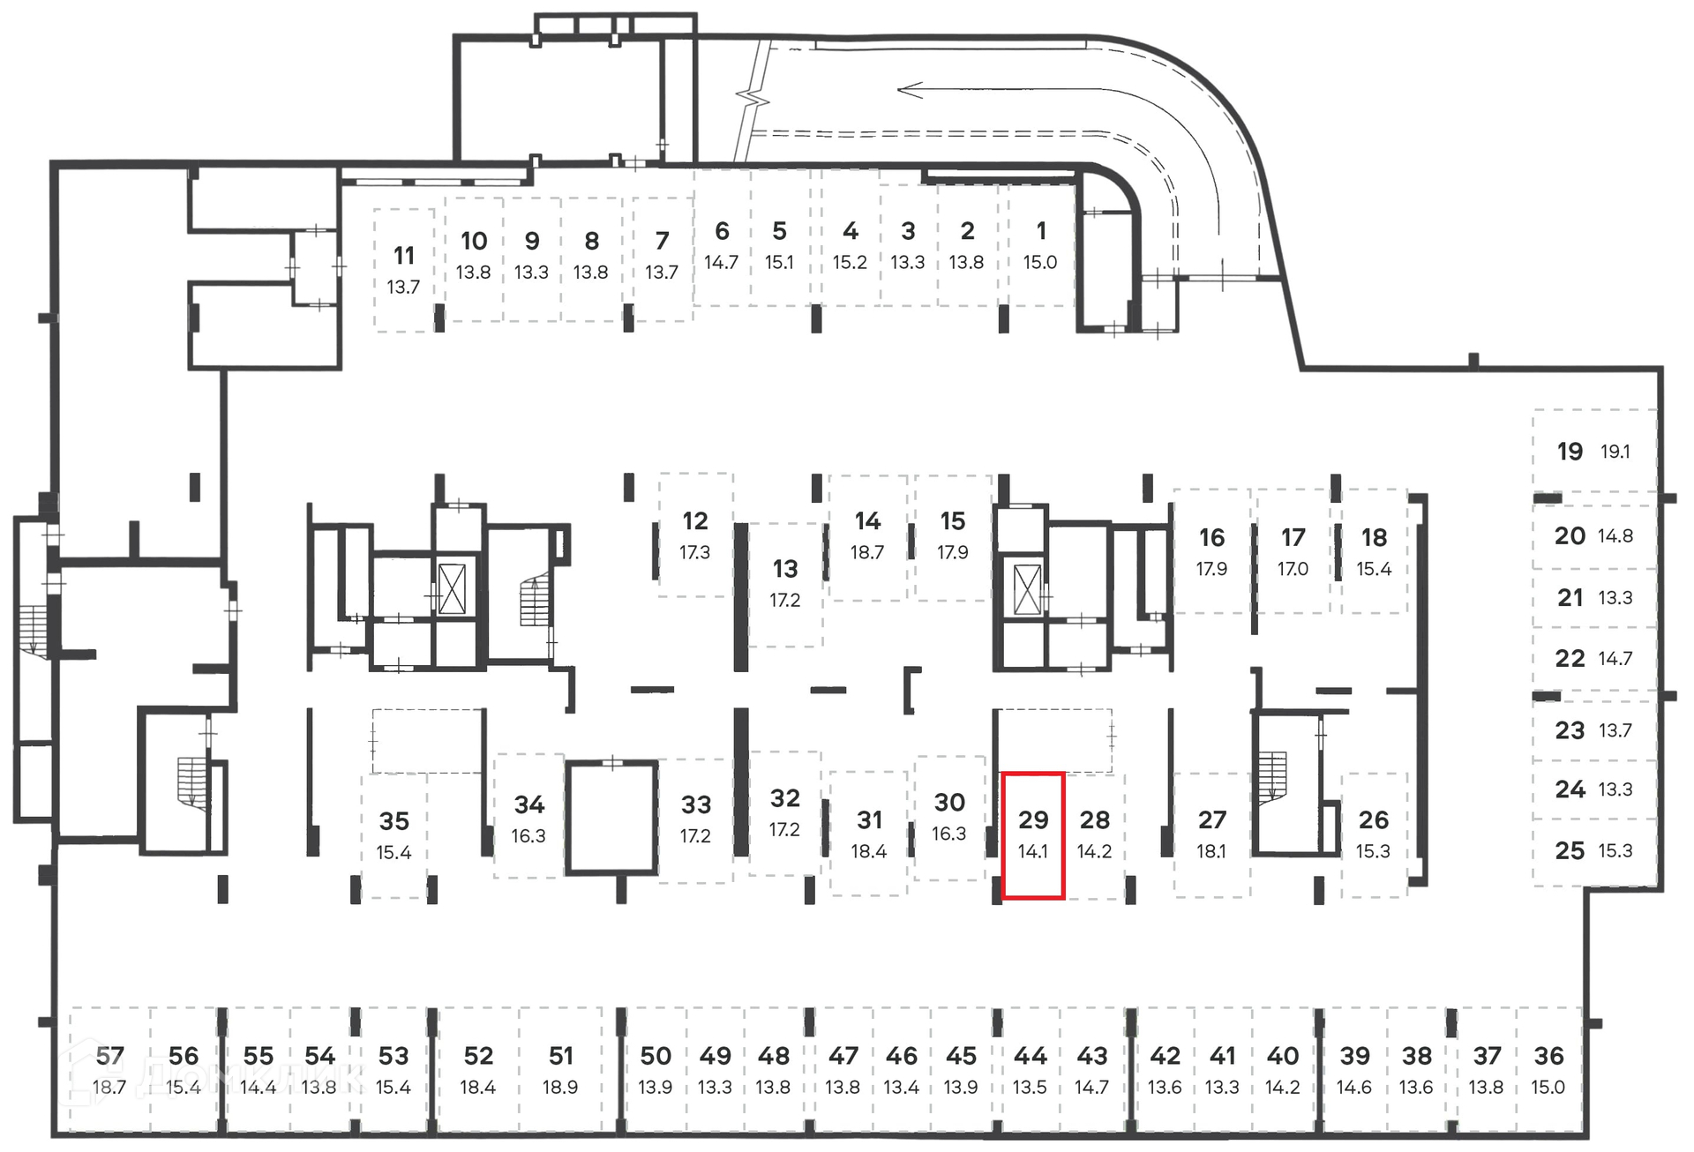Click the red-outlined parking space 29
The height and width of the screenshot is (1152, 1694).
click(x=1033, y=834)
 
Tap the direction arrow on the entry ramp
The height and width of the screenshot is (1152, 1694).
click(x=911, y=90)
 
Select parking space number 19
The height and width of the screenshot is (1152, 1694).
click(x=1570, y=452)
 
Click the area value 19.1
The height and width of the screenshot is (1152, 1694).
click(x=1615, y=452)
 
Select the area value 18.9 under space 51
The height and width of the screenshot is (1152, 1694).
click(x=560, y=1088)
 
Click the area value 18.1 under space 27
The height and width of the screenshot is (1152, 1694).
click(x=1211, y=852)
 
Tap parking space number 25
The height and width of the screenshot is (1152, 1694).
click(x=1570, y=851)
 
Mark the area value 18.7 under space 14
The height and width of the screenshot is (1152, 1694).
click(x=867, y=553)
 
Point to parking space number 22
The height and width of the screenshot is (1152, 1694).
click(x=1570, y=659)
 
